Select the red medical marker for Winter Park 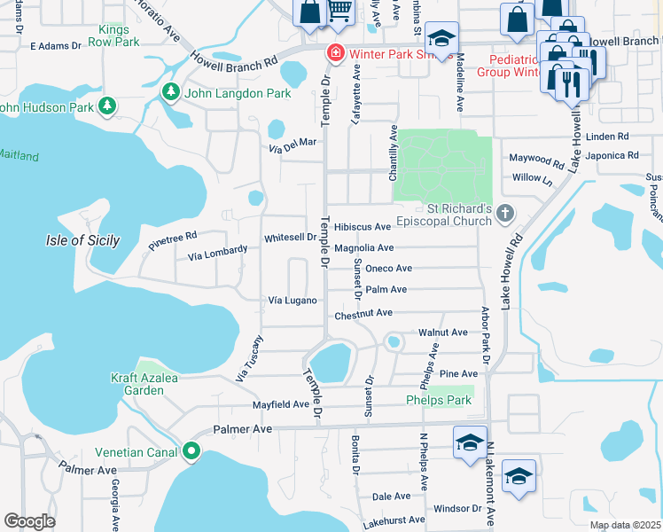click(335, 53)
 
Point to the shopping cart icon click(339, 11)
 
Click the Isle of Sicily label click(81, 240)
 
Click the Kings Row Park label click(119, 35)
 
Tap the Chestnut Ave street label click(363, 313)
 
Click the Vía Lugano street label click(292, 301)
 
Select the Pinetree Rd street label click(172, 241)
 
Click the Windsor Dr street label click(457, 509)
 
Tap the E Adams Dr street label click(55, 44)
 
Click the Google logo click(29, 521)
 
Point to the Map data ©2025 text click(624, 525)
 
